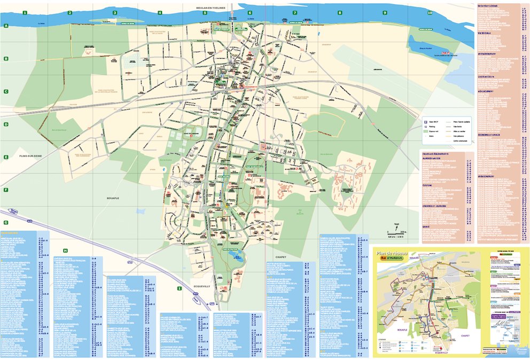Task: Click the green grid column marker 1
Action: (x=25, y=12)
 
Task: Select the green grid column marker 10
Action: (x=430, y=12)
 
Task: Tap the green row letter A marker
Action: (x=6, y=26)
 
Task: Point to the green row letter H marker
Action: (x=65, y=251)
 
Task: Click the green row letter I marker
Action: (x=179, y=288)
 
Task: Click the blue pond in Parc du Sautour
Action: (x=235, y=257)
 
